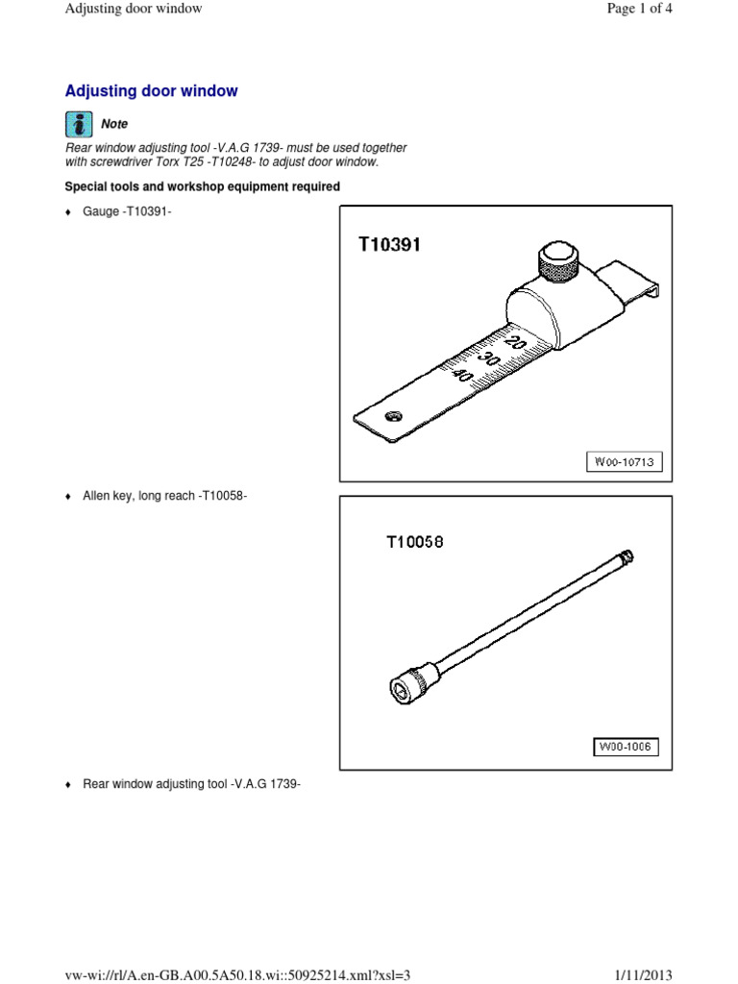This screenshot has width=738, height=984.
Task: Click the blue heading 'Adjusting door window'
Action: [x=151, y=91]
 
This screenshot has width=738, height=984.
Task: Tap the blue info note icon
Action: [x=78, y=123]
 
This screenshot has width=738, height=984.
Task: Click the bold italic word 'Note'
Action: [x=114, y=124]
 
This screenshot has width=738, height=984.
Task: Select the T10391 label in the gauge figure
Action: [x=389, y=245]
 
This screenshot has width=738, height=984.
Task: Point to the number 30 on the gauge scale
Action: [x=492, y=358]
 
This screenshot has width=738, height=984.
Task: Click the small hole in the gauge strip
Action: [x=391, y=416]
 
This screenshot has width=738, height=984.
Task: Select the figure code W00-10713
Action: [x=624, y=463]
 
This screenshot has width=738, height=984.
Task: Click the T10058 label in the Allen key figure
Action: [x=415, y=542]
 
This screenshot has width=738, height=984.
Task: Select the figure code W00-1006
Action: [x=624, y=747]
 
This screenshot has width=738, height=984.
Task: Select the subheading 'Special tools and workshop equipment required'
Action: [x=202, y=186]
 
